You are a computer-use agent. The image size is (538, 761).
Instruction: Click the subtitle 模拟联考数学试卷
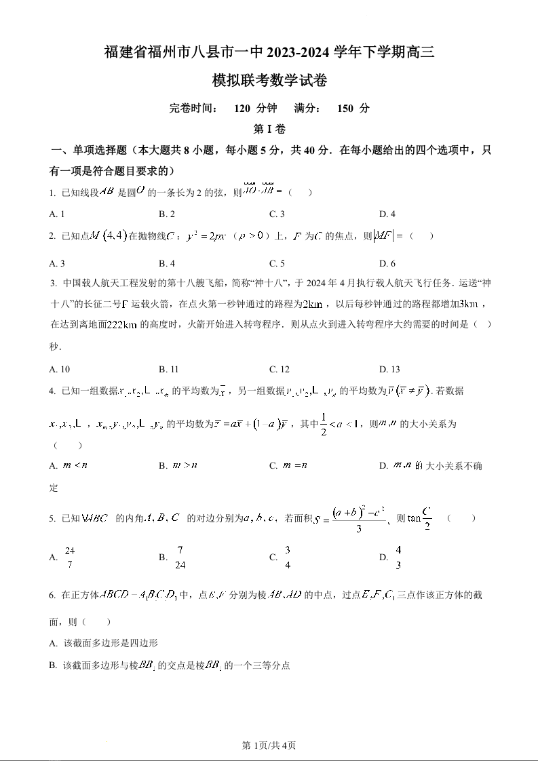pyautogui.click(x=269, y=81)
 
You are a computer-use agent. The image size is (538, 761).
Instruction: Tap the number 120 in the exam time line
pyautogui.click(x=242, y=108)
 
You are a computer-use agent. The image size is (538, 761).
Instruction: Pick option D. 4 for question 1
pyautogui.click(x=387, y=214)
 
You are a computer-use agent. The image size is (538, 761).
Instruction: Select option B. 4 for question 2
pyautogui.click(x=167, y=264)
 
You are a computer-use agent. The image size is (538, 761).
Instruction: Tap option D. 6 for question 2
pyautogui.click(x=387, y=264)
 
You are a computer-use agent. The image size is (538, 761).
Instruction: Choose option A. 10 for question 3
pyautogui.click(x=60, y=370)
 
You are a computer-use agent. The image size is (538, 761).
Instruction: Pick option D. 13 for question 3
pyautogui.click(x=389, y=370)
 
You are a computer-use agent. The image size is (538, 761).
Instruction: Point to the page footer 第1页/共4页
pyautogui.click(x=269, y=745)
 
